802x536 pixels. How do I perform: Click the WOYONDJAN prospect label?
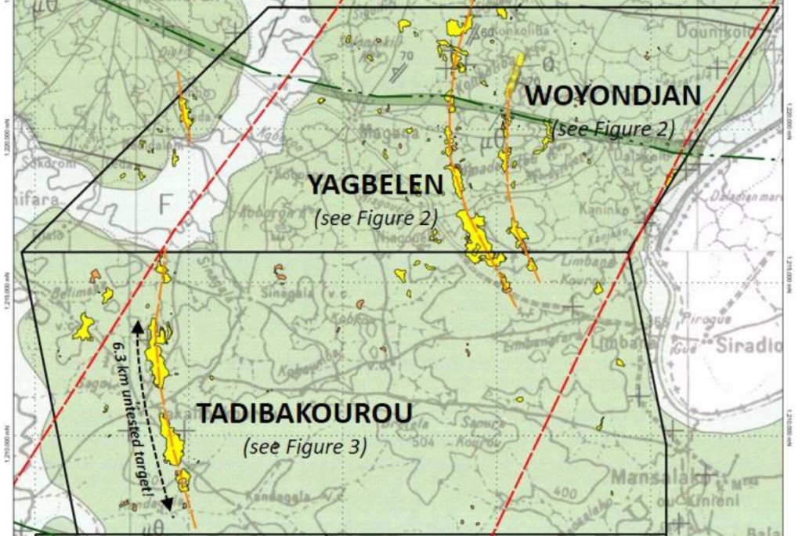[x=612, y=96]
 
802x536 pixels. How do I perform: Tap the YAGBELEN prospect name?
[x=375, y=186]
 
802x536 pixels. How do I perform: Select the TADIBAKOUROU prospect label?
[x=304, y=413]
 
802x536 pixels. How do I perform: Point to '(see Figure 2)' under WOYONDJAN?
[x=614, y=129]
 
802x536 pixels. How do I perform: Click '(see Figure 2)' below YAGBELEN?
[x=375, y=218]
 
